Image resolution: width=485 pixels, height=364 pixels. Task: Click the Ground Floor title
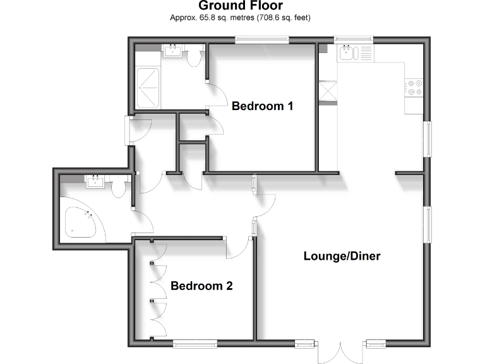(240, 6)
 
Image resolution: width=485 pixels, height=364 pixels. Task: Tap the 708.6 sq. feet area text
(278, 18)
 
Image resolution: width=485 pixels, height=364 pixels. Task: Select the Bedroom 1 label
(262, 106)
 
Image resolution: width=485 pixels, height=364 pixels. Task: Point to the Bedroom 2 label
(201, 286)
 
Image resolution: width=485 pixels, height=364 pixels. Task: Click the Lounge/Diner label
(342, 256)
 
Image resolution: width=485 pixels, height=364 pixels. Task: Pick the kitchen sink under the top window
(348, 53)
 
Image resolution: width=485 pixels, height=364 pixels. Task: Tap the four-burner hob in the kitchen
(414, 87)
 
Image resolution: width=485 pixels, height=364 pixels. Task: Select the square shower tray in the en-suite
(149, 88)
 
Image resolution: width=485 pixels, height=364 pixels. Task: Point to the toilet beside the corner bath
(118, 189)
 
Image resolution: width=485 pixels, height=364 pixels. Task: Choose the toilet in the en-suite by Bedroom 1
(194, 57)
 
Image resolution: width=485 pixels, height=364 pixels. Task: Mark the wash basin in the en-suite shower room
(172, 51)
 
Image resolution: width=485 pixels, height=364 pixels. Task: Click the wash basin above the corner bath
(96, 183)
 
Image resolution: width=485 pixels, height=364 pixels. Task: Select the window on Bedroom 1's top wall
(262, 40)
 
